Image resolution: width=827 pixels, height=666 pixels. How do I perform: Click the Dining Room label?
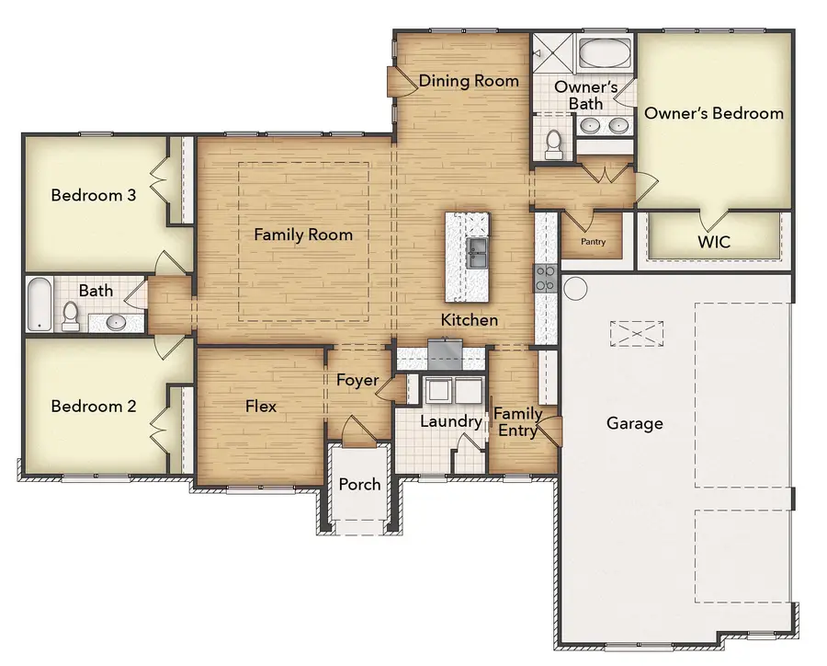(469, 81)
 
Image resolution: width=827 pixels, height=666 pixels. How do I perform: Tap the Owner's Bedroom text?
(714, 113)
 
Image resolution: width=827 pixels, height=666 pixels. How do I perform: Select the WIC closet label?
(713, 243)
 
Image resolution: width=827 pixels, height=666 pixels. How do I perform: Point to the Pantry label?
(592, 242)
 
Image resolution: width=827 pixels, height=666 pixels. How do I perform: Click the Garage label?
(634, 423)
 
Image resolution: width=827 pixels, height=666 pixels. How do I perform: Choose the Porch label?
(360, 484)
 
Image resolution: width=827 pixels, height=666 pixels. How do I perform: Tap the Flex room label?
(261, 406)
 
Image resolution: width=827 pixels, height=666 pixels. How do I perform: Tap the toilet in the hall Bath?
(69, 317)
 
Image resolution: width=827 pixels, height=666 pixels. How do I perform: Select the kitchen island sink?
(477, 253)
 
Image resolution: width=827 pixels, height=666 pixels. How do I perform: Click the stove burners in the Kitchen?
(545, 278)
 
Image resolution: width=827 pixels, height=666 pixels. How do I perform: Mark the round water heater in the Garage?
(575, 288)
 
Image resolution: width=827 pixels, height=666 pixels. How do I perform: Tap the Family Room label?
(303, 235)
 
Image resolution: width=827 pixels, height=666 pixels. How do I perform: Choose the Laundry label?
(451, 421)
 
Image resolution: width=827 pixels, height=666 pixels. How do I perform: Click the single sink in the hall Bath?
(116, 322)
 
